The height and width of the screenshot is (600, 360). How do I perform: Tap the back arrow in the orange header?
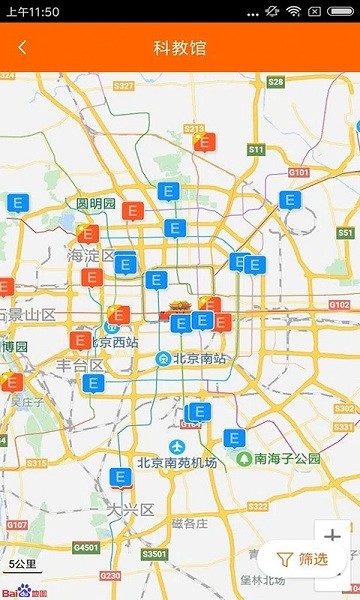pyautogui.click(x=23, y=47)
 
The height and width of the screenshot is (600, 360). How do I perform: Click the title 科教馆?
pyautogui.click(x=180, y=47)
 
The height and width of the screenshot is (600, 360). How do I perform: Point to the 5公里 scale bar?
pyautogui.click(x=22, y=564)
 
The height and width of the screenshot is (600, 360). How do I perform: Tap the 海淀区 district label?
pyautogui.click(x=91, y=256)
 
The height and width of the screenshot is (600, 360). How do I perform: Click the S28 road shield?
pyautogui.click(x=276, y=82)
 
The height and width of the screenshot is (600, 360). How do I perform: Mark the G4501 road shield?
pyautogui.click(x=86, y=547)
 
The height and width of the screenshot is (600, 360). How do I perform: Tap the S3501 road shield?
pyautogui.click(x=154, y=553)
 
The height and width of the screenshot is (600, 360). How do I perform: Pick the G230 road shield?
pyautogui.click(x=110, y=575)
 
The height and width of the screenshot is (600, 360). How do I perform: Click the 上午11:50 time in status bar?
pyautogui.click(x=32, y=11)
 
